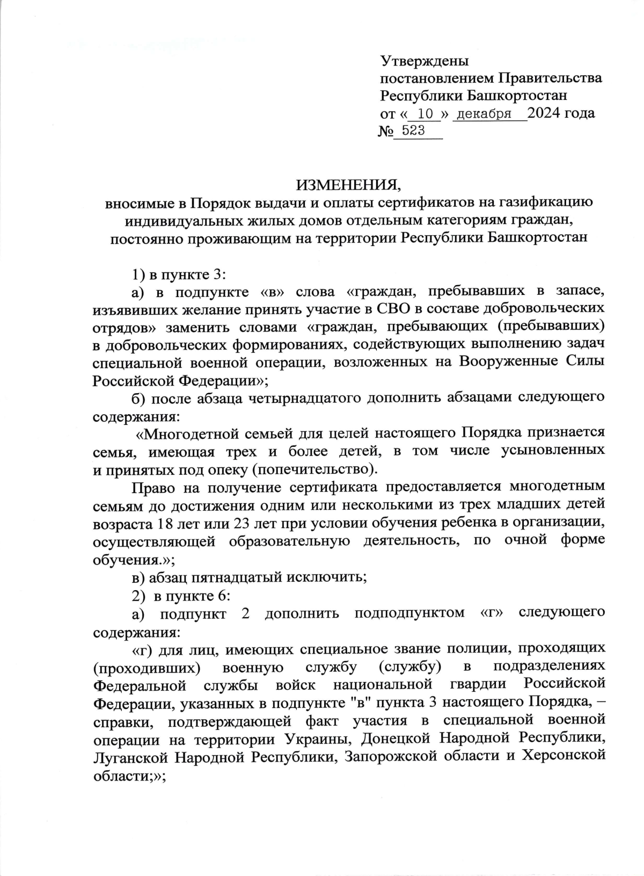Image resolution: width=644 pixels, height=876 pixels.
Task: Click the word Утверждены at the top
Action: [x=424, y=60]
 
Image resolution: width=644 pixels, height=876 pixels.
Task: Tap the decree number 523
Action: [x=413, y=131]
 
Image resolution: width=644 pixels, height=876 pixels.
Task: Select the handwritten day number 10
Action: [x=425, y=114]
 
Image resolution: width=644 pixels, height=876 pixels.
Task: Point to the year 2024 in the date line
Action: [x=545, y=114]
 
